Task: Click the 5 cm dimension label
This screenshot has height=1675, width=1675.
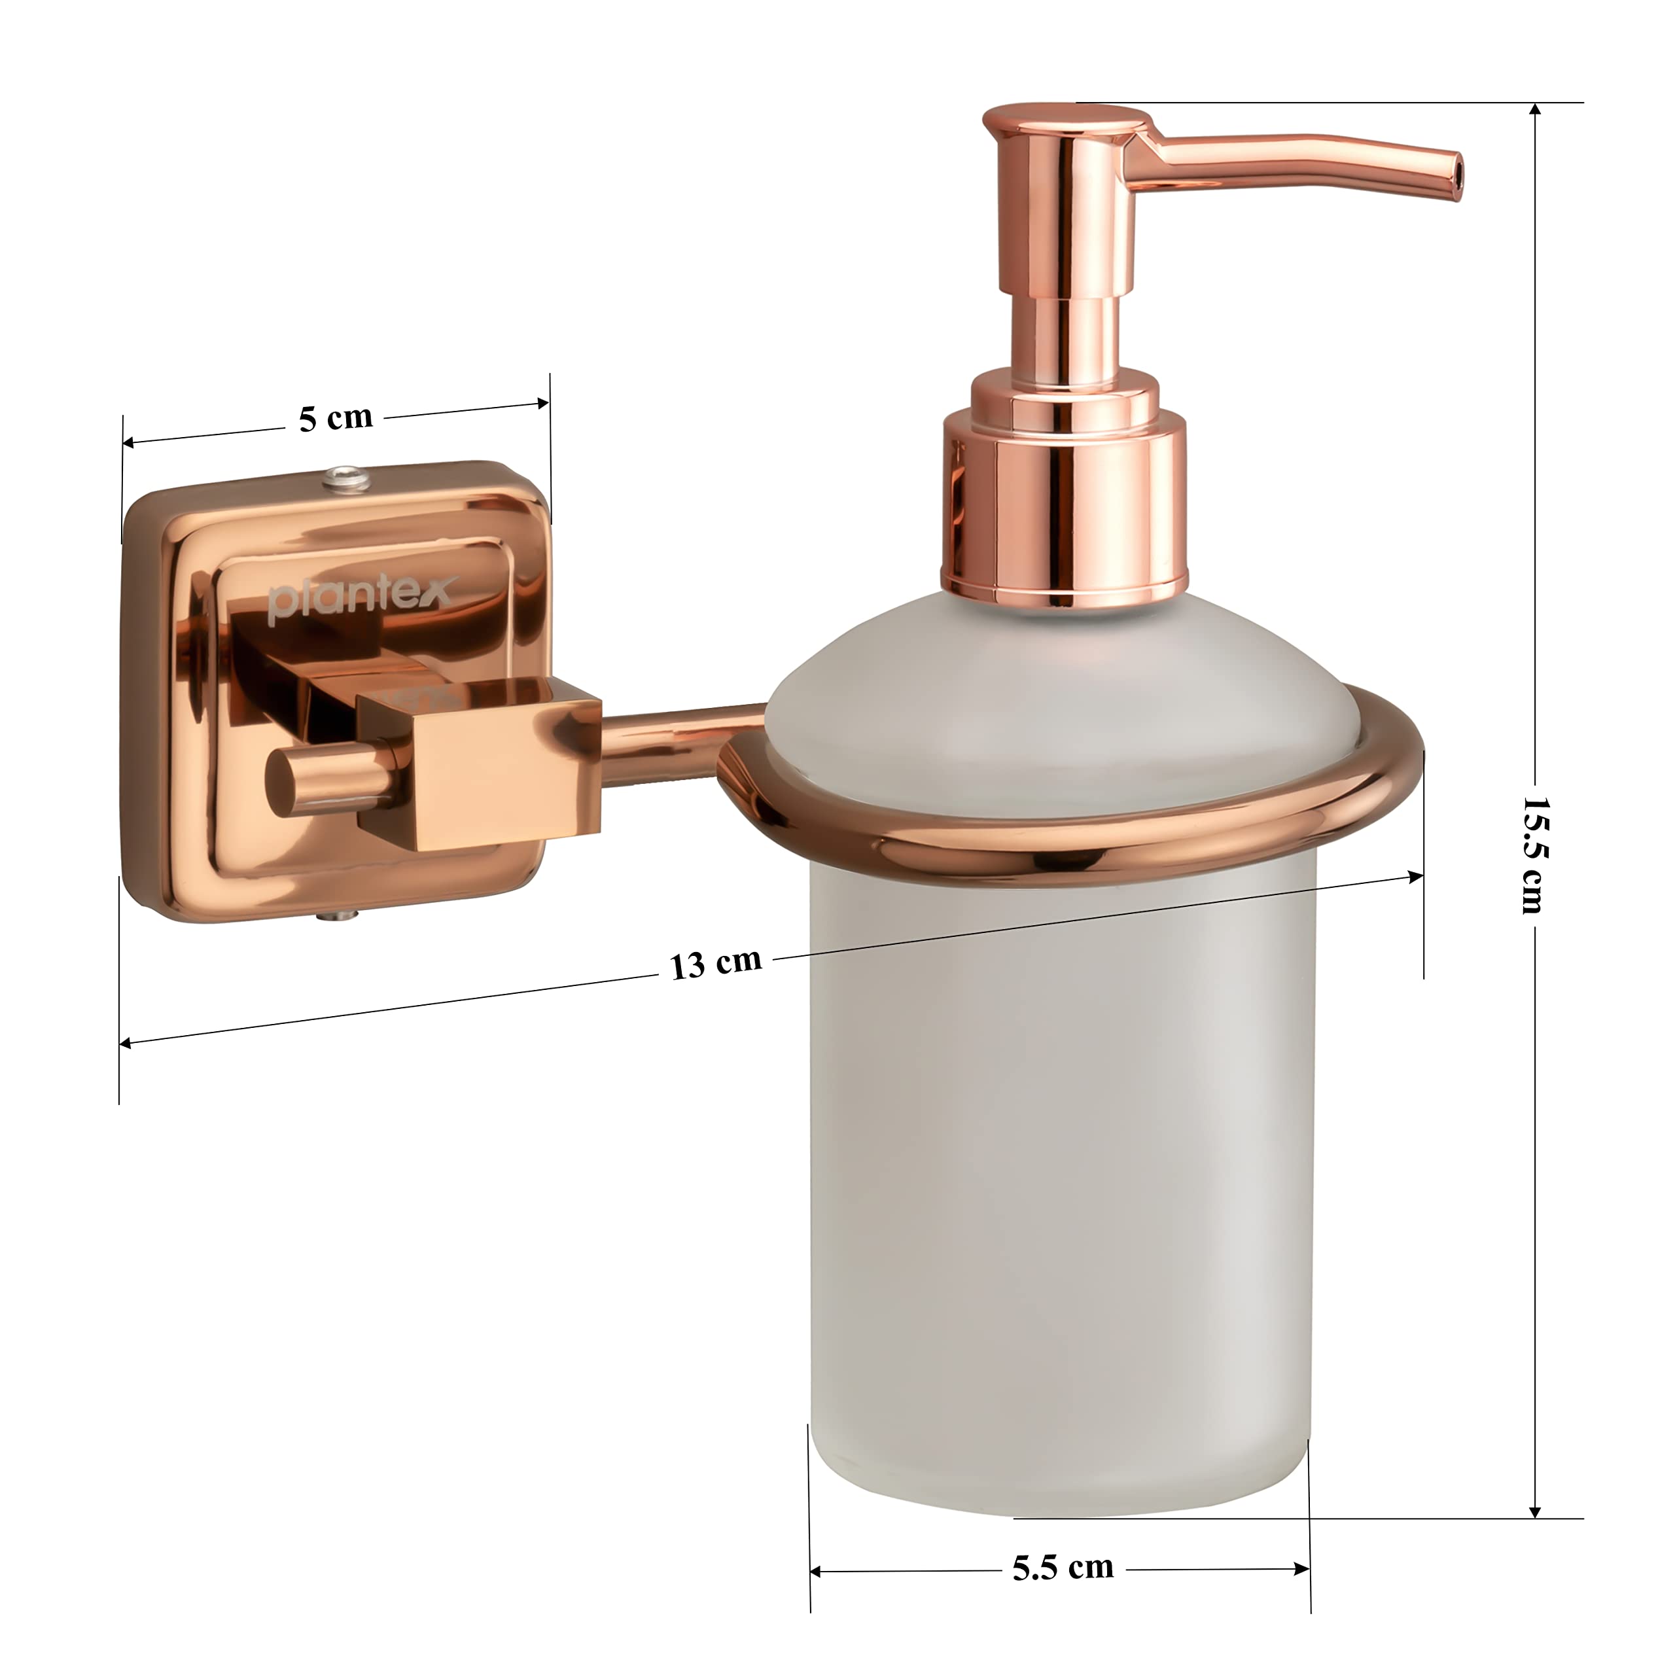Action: pos(336,418)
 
